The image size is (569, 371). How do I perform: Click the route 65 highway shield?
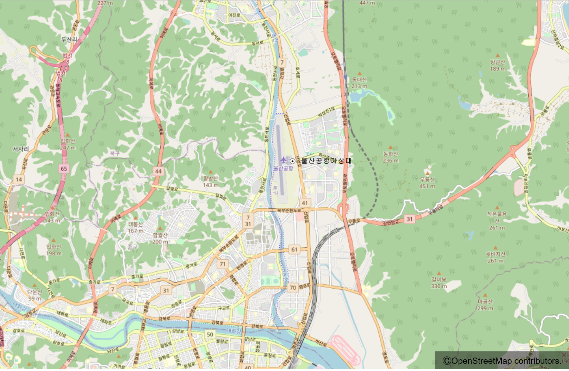point(64,168)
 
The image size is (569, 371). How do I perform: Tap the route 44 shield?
point(158,171)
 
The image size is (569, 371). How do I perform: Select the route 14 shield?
point(19,179)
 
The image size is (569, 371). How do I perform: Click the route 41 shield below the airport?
point(305,203)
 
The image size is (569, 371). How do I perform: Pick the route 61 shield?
point(294,249)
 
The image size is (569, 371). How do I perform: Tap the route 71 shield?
point(223,264)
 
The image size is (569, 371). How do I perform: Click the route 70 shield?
point(293,287)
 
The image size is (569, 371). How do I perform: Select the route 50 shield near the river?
point(210,334)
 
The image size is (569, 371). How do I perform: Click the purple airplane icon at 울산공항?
point(283,160)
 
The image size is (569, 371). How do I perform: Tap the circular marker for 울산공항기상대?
point(292,161)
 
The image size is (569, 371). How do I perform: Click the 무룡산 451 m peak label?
point(427,183)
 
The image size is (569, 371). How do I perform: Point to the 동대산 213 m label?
point(359,83)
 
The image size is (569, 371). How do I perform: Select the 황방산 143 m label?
point(210,181)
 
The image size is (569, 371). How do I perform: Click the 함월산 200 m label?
point(160,238)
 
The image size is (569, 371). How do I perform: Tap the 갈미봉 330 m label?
point(439,282)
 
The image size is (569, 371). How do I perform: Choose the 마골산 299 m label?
point(485,305)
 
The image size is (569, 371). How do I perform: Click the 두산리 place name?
point(69,39)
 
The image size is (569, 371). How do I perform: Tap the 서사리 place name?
point(21,149)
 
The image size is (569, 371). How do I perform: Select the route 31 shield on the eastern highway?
point(409,219)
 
